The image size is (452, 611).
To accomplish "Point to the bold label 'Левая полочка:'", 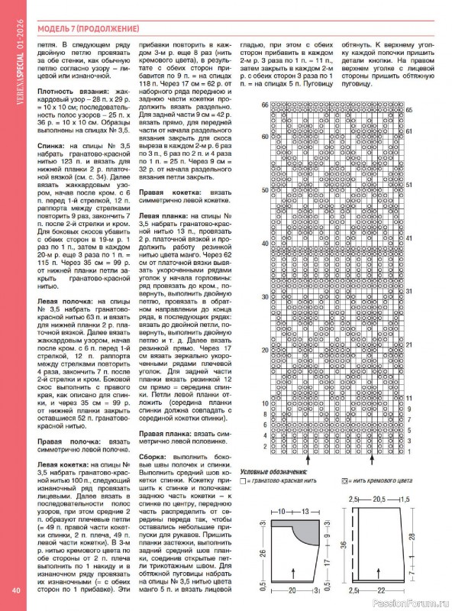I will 65,303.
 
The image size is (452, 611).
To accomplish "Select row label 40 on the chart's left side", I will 265,244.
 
